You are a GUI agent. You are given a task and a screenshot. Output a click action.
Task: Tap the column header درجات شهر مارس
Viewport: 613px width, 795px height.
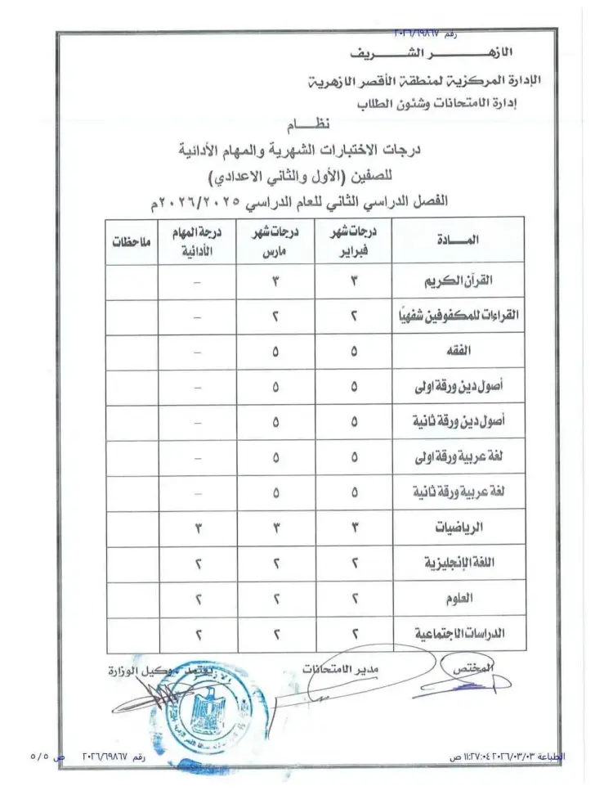(275, 240)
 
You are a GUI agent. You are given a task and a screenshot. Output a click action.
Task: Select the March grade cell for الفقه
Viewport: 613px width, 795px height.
(275, 352)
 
